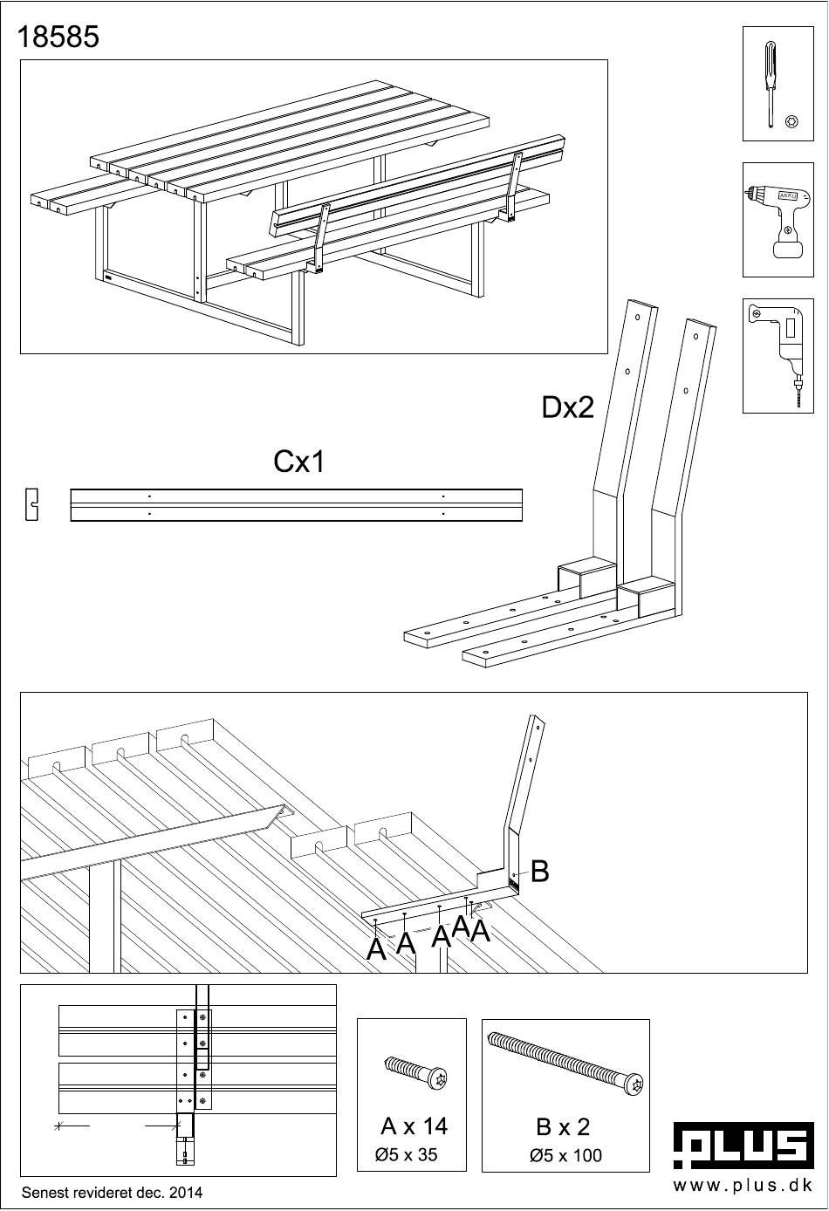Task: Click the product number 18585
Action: [x=58, y=38]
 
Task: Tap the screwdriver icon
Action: [x=771, y=85]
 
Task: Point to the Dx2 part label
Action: [x=568, y=407]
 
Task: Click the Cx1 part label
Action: [x=299, y=462]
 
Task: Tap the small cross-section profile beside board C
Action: [x=32, y=505]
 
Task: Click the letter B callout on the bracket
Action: [x=539, y=871]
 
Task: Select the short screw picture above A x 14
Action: [x=415, y=1073]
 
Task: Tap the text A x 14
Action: [x=414, y=1126]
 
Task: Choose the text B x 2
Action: [x=563, y=1127]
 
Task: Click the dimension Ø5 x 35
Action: [x=406, y=1155]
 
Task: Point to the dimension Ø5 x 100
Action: [x=565, y=1155]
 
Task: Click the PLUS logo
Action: [x=743, y=1145]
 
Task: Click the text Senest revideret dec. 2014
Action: [x=112, y=1192]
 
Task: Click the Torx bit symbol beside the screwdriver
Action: [x=792, y=121]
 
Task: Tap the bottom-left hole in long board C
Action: [x=150, y=514]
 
